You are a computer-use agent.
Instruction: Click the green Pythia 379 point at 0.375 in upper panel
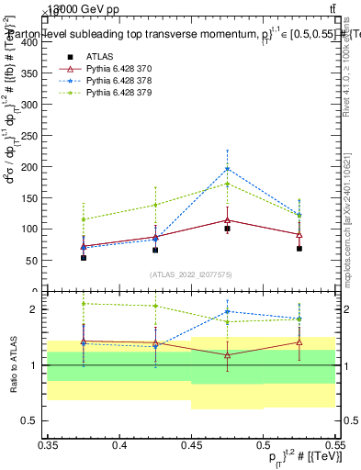click(84, 219)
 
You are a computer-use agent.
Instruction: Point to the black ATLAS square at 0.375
click(84, 258)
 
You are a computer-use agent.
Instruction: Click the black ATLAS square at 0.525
click(299, 249)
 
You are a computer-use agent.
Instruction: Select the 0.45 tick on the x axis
click(191, 445)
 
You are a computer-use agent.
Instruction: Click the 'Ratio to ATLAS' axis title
click(12, 364)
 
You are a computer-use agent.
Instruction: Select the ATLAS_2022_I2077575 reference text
click(191, 274)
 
